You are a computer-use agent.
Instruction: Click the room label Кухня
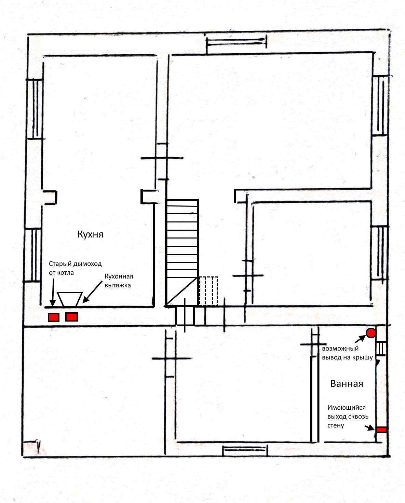[x=90, y=234]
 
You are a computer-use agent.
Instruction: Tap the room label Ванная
[x=347, y=383]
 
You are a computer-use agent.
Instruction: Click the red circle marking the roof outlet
[x=370, y=333]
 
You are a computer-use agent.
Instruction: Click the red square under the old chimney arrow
[x=54, y=317]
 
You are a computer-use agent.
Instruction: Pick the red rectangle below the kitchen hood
[x=71, y=317]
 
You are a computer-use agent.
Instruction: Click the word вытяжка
[x=118, y=285]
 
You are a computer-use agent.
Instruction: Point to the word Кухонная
[x=119, y=276]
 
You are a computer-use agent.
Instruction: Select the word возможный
[x=340, y=349]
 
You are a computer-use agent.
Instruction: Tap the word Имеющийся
[x=346, y=408]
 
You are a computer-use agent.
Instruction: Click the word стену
[x=336, y=425]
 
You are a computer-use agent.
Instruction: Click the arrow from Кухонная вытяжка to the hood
[x=93, y=292]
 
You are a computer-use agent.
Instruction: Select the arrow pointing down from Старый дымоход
[x=53, y=292]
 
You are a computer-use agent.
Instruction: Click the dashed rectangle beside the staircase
[x=208, y=291]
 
